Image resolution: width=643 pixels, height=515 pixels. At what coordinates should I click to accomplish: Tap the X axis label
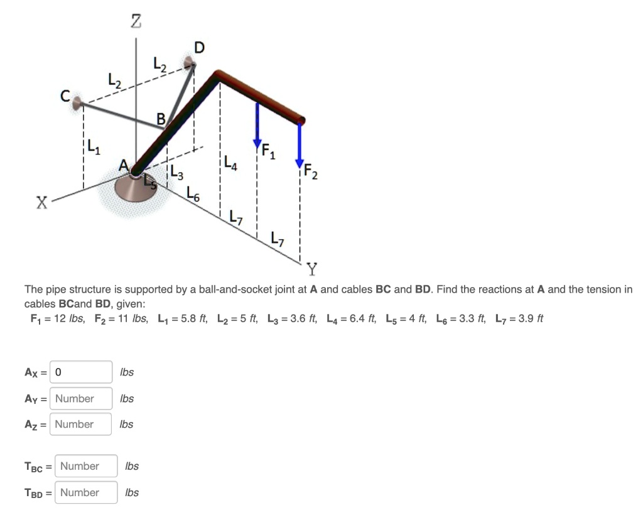(41, 203)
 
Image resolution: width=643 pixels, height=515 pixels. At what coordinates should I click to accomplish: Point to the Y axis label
(312, 270)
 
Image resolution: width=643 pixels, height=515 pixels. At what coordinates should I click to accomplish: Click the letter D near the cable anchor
(199, 48)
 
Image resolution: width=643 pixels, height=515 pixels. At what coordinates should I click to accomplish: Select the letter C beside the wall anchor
(65, 95)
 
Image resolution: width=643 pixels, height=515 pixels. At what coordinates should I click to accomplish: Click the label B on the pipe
(161, 118)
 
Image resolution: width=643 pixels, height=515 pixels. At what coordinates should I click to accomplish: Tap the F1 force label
(267, 151)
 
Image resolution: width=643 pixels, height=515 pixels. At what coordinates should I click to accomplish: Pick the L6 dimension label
(193, 194)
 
